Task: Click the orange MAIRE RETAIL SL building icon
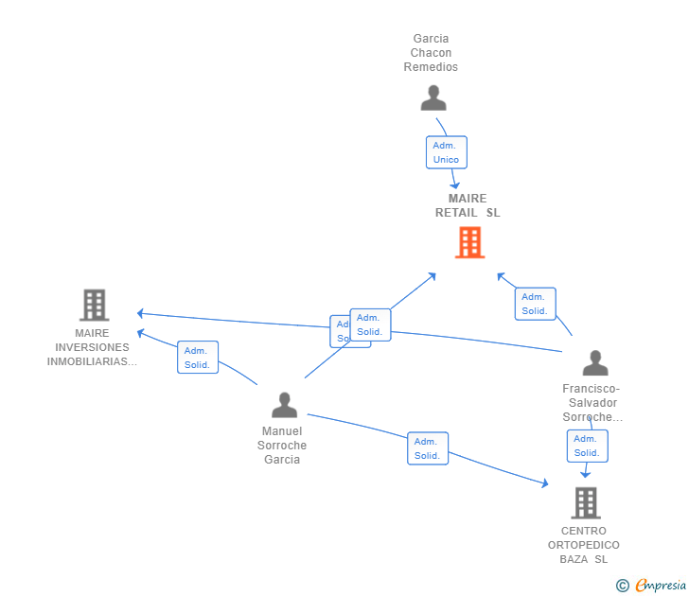tap(469, 242)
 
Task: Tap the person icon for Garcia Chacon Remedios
tap(433, 98)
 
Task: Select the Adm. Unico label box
tap(446, 152)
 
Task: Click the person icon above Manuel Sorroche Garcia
tap(284, 405)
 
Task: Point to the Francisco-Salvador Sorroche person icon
tap(595, 363)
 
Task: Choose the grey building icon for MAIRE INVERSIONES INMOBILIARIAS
tap(94, 306)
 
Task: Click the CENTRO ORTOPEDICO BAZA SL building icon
tap(586, 502)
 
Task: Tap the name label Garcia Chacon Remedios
tap(431, 53)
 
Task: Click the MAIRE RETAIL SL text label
tap(468, 205)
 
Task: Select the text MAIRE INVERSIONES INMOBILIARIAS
tap(92, 347)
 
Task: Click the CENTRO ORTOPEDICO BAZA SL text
tap(584, 545)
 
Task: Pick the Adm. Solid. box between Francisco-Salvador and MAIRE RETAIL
tap(535, 304)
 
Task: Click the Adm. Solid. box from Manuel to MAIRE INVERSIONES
tap(197, 358)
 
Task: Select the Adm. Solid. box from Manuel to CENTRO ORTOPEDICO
tap(427, 448)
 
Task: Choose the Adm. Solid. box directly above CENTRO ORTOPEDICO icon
tap(587, 446)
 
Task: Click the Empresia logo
tap(661, 586)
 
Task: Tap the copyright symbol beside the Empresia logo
tap(623, 586)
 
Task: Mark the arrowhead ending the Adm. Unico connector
tap(456, 185)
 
